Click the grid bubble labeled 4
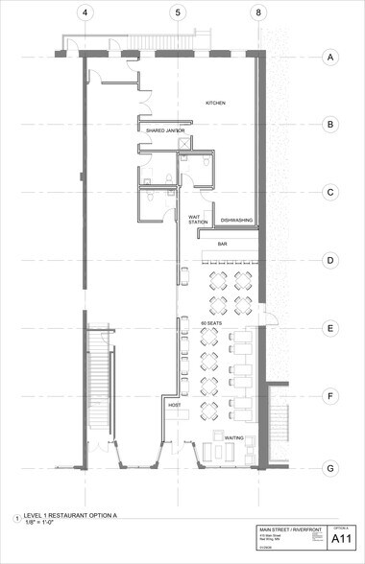tap(85, 12)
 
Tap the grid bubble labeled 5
tap(177, 12)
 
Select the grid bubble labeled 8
tap(257, 12)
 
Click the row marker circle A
tap(329, 58)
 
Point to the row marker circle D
tap(329, 260)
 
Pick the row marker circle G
tap(329, 468)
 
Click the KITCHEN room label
tap(215, 102)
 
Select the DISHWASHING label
tap(236, 221)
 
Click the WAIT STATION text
tap(198, 220)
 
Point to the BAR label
tap(222, 245)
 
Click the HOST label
tap(175, 406)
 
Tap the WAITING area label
tap(233, 438)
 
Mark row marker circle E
tap(329, 329)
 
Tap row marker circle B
tap(329, 125)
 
